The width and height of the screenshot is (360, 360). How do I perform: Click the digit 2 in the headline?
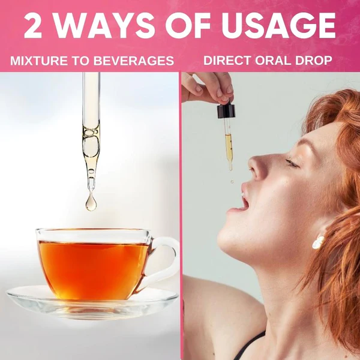(32, 27)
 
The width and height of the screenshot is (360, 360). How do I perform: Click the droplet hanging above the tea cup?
(91, 202)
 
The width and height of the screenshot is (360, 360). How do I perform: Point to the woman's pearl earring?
(318, 242)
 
